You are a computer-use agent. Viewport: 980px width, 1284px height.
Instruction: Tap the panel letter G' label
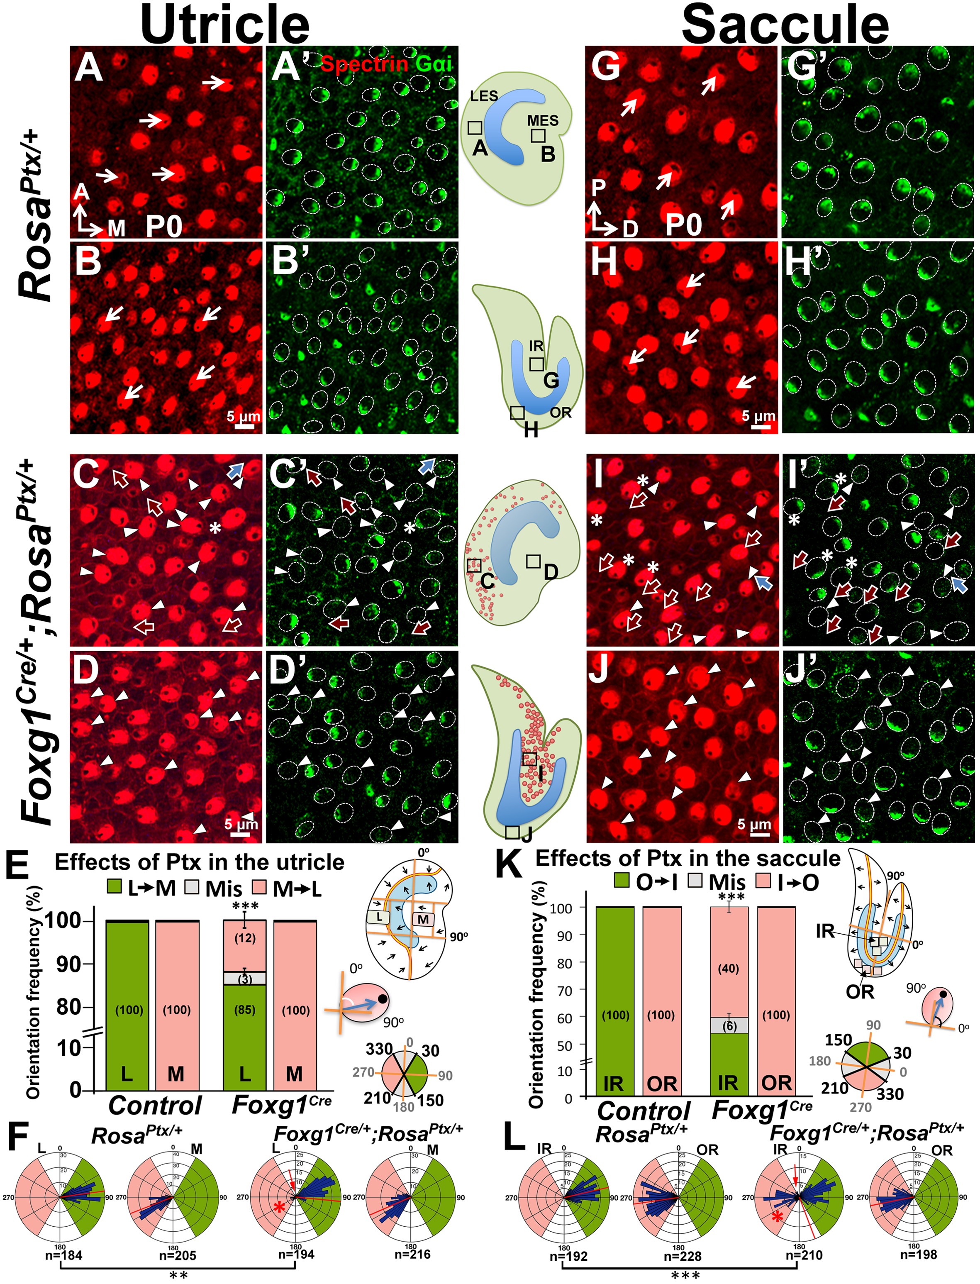[x=805, y=67]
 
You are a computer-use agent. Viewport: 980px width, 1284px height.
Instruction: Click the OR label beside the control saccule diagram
[x=561, y=413]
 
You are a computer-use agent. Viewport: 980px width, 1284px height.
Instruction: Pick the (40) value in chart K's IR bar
[x=729, y=969]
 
